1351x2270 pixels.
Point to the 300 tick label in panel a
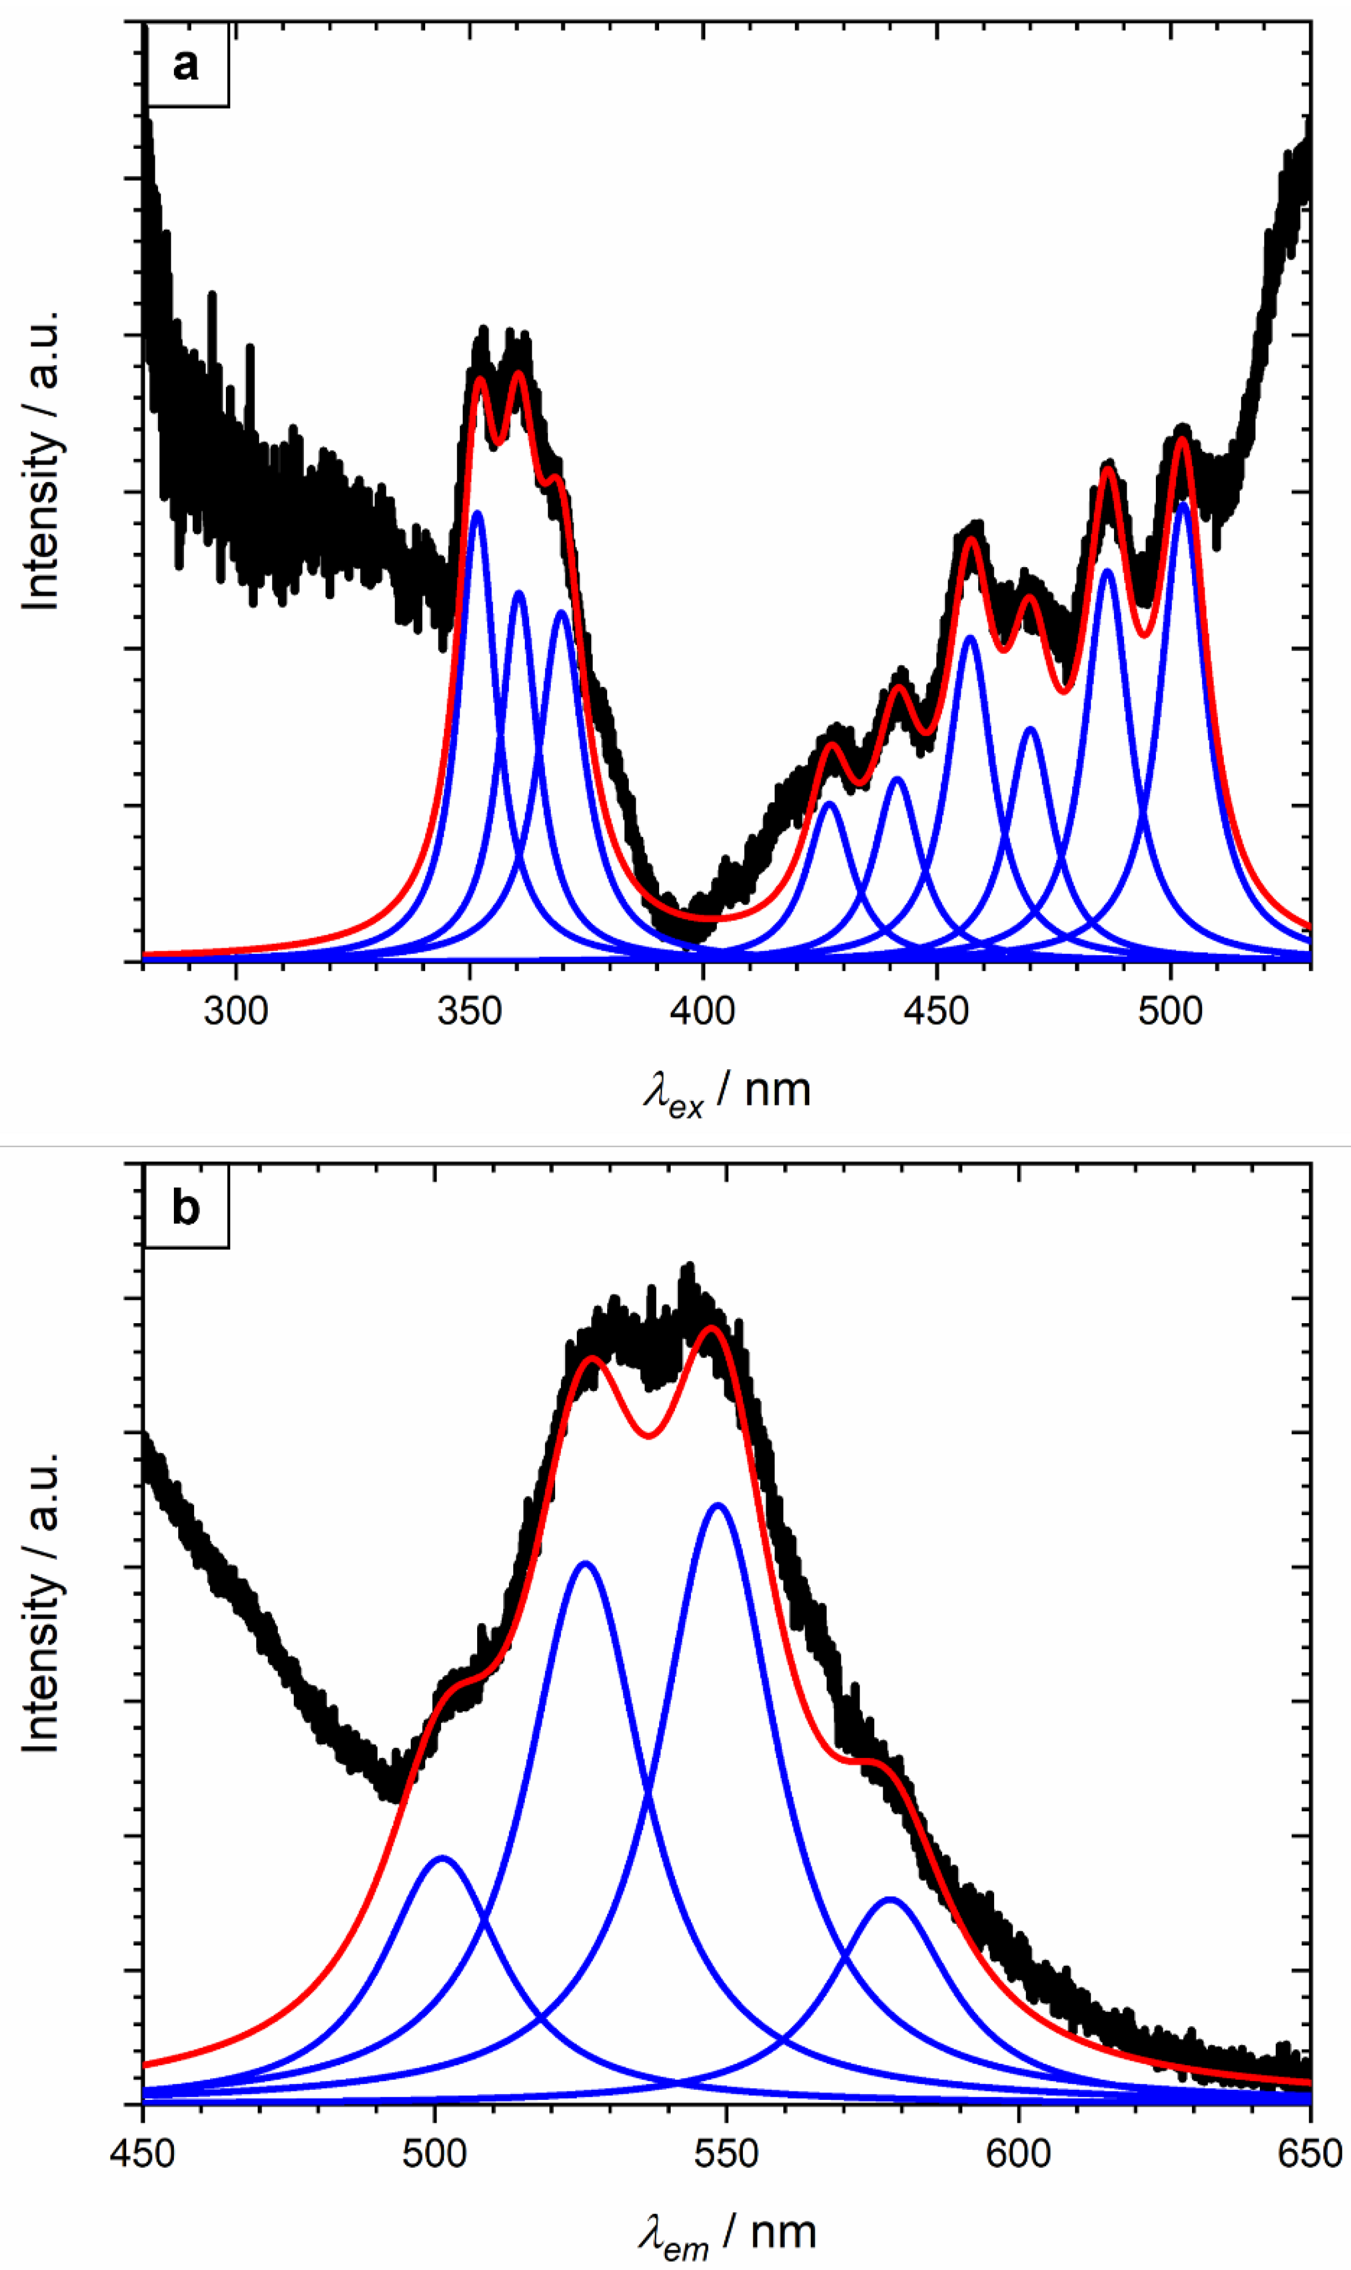pos(236,1010)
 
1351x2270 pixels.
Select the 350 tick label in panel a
pos(470,1010)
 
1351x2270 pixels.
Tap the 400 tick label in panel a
pos(703,1010)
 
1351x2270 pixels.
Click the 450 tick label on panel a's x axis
pos(937,1010)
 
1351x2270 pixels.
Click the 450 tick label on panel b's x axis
pos(143,2153)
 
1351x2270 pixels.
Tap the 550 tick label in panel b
pos(726,2153)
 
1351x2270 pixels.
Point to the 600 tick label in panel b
pos(1018,2153)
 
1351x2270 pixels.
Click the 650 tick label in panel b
pos(1309,2153)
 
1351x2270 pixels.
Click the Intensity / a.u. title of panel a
pos(41,460)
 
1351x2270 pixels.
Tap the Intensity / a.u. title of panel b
pos(41,1602)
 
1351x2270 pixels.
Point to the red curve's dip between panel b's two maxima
pos(649,1436)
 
